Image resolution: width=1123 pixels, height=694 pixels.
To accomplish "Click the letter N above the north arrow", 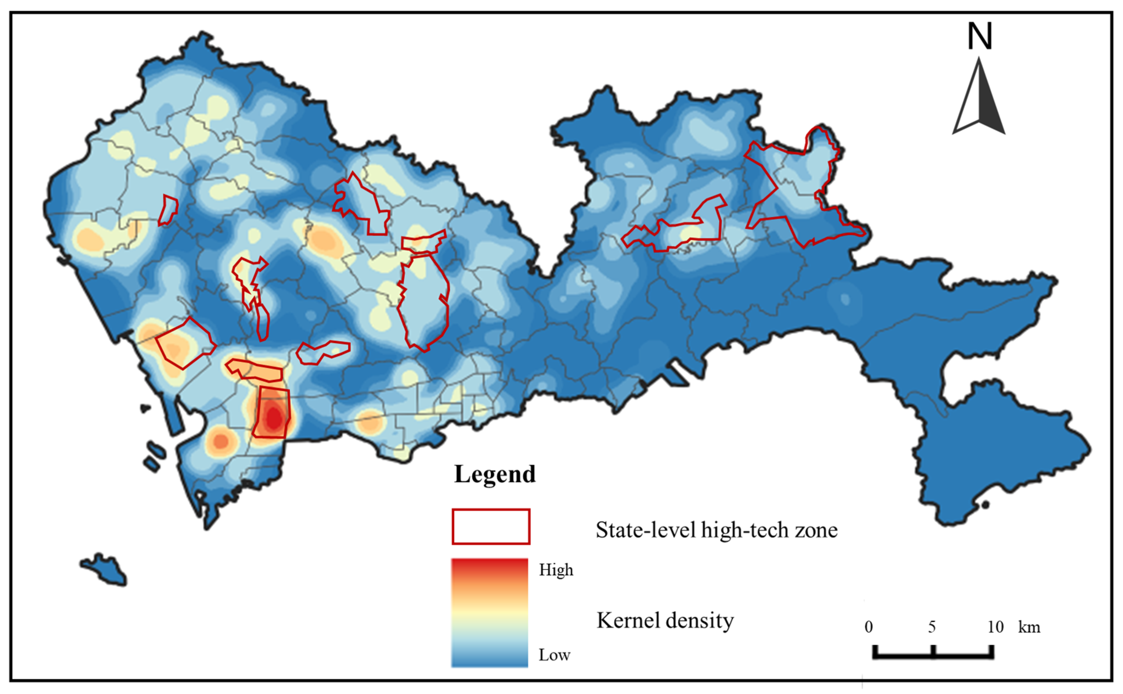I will [980, 37].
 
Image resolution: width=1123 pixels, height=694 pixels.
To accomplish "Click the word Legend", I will [494, 474].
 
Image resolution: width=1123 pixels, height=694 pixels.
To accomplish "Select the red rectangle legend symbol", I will [491, 527].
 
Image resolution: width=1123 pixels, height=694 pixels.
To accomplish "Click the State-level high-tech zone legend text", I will [716, 530].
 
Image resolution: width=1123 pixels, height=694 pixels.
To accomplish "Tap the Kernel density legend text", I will [665, 621].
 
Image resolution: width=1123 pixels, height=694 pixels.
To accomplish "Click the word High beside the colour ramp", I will [556, 570].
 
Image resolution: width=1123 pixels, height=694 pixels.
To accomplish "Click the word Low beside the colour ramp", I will [554, 655].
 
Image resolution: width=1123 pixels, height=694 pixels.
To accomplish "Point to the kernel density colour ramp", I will [490, 613].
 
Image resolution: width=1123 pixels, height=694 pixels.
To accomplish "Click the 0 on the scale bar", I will [868, 627].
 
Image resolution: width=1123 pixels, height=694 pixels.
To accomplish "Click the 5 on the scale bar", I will [931, 627].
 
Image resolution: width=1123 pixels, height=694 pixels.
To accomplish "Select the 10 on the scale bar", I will [995, 627].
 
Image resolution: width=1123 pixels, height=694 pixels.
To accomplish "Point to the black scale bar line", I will [933, 656].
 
